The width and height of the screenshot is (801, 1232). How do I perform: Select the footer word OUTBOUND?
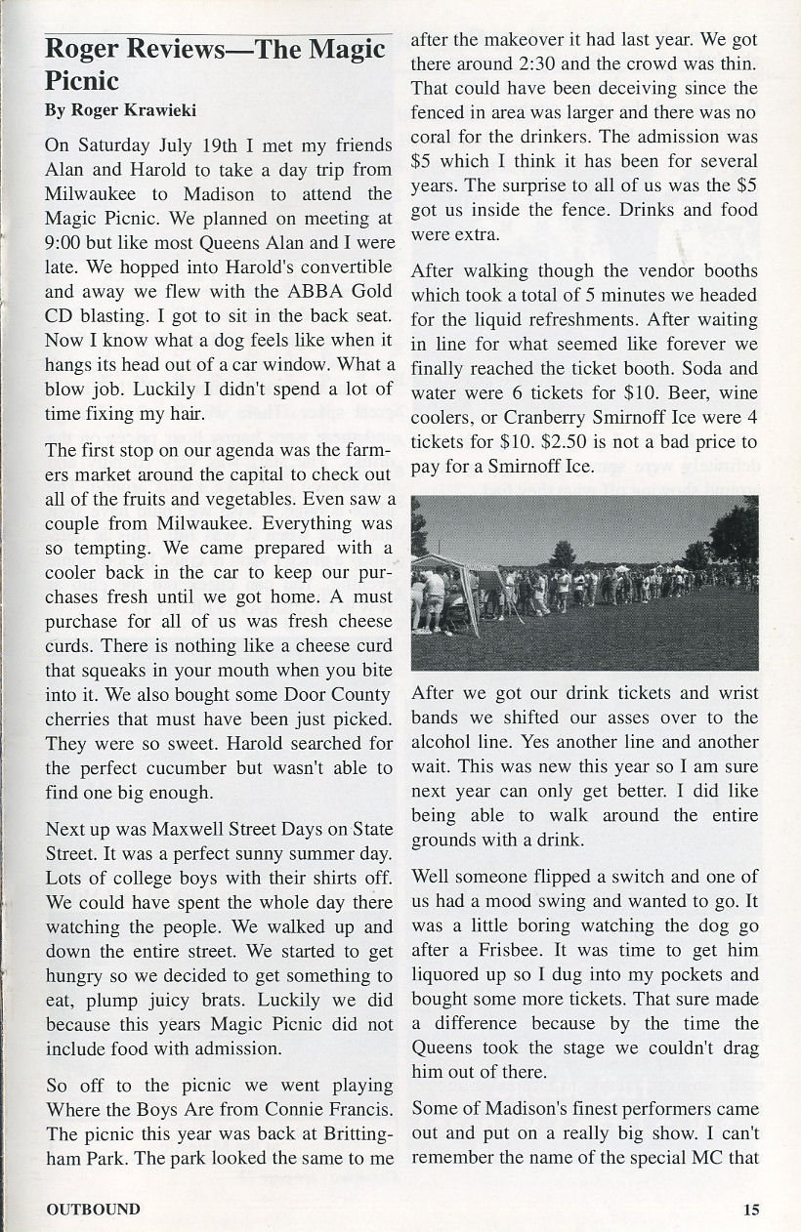[93, 1210]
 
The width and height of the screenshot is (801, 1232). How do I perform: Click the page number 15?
[750, 1210]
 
